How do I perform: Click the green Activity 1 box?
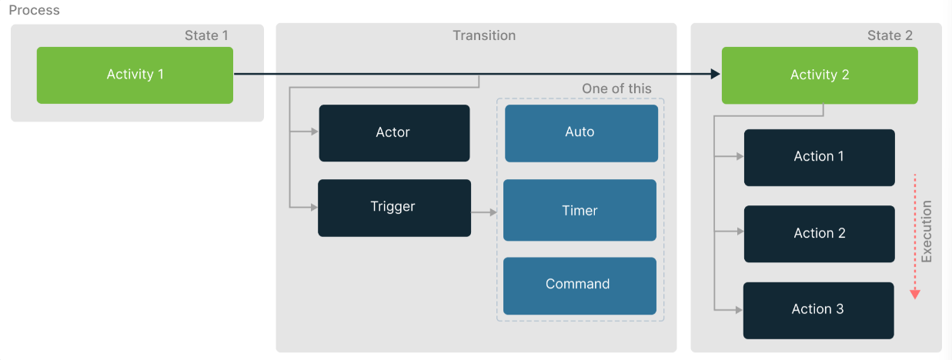point(135,75)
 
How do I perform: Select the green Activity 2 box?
point(819,75)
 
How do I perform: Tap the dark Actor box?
point(394,132)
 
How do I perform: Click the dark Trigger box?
point(394,207)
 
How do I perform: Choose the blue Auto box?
point(581,132)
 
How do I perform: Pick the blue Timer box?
point(580,210)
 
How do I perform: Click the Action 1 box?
point(819,157)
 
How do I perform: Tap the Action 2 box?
point(819,233)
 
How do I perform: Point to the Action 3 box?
point(818,309)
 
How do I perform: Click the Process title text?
point(34,11)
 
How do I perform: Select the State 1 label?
point(206,35)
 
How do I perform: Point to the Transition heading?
point(484,35)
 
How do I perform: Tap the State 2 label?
point(889,35)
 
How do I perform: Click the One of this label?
point(616,88)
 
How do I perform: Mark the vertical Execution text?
point(927,232)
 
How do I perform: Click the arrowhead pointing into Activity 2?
point(715,75)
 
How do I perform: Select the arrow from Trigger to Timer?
point(484,212)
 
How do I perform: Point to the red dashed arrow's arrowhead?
point(914,294)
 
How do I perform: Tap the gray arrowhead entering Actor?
point(314,132)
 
